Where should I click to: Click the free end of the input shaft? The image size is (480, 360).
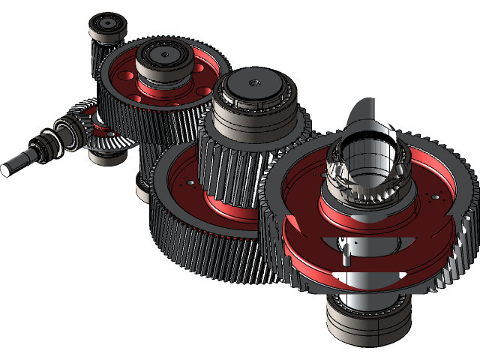(6, 169)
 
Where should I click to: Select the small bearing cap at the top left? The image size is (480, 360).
(104, 28)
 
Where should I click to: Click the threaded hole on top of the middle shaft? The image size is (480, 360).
(255, 82)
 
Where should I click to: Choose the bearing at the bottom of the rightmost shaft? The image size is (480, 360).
(367, 315)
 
